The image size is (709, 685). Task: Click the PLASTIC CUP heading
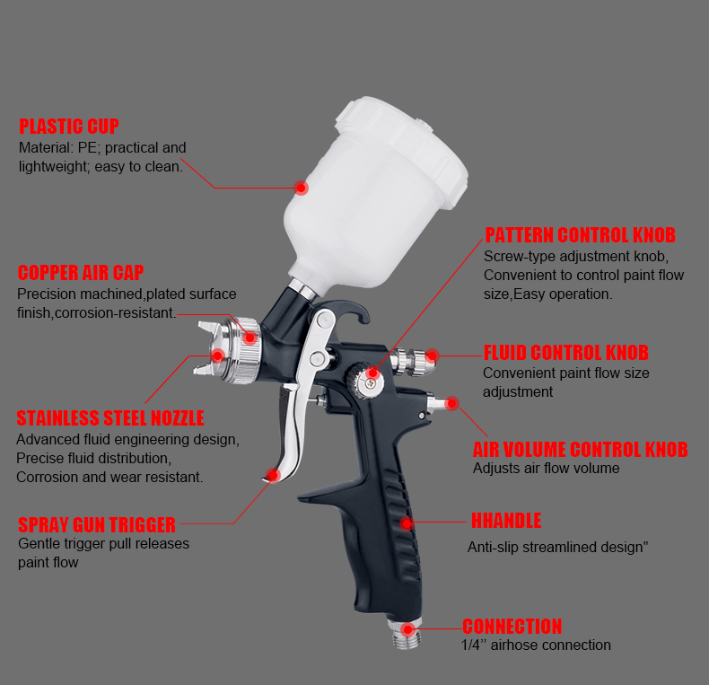[69, 127]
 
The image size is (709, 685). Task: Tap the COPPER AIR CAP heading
[81, 273]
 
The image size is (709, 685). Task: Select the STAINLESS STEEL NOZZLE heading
[110, 418]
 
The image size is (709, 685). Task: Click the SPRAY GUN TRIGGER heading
[97, 525]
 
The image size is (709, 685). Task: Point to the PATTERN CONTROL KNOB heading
[580, 235]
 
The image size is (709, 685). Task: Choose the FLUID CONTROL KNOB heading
[566, 353]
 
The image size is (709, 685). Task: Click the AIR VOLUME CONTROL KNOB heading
[580, 450]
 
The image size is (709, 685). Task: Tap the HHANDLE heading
[506, 521]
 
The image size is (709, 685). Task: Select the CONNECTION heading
[512, 627]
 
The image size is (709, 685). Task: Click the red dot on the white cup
[302, 188]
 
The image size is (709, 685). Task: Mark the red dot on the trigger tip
[273, 475]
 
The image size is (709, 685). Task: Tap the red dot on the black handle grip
[407, 523]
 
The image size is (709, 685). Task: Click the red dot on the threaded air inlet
[407, 629]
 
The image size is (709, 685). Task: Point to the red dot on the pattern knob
[372, 373]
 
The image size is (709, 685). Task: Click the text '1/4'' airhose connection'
[536, 645]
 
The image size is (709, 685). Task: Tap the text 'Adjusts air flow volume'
[547, 469]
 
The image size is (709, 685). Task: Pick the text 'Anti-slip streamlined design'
[556, 547]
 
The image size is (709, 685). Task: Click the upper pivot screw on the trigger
[322, 320]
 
